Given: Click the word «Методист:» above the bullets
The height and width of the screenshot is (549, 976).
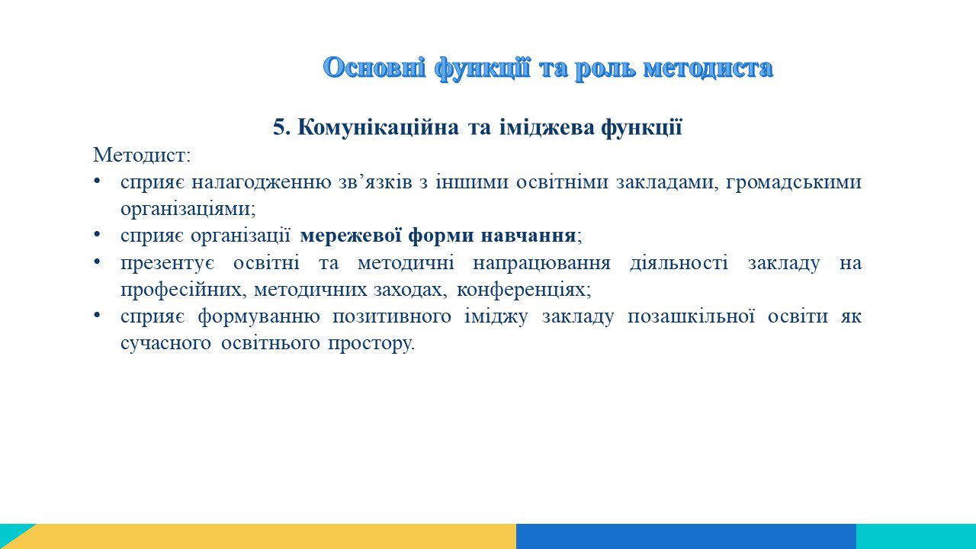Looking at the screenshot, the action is (x=142, y=155).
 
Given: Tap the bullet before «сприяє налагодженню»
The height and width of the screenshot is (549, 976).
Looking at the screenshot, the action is (x=97, y=181).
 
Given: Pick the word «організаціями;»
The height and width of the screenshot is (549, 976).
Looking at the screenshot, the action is (x=188, y=209).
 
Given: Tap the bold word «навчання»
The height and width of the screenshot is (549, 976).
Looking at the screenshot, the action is (x=528, y=236).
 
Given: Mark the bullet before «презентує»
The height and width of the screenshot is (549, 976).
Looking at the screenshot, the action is (x=97, y=262).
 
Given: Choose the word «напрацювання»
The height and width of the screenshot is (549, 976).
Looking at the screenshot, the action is (x=541, y=264).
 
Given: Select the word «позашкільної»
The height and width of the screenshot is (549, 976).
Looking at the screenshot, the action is (x=691, y=316).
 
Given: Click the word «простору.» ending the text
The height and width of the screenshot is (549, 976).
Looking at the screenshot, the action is (x=371, y=344).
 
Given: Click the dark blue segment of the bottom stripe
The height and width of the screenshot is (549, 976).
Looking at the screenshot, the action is (x=686, y=536).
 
